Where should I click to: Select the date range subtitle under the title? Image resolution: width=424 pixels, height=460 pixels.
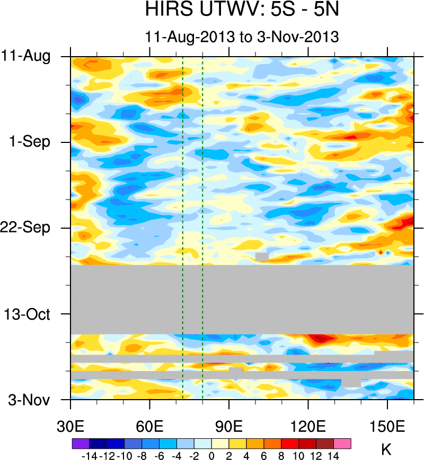(x=242, y=37)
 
